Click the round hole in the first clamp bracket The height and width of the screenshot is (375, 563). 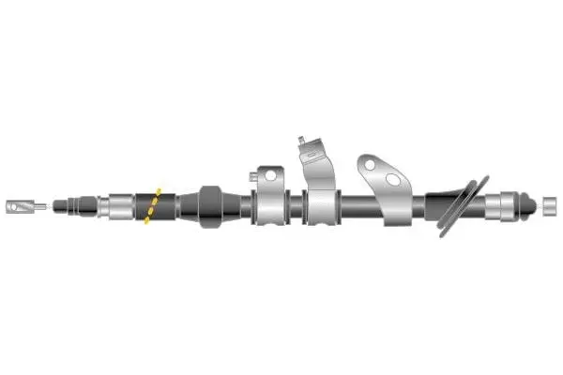click(x=270, y=174)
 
